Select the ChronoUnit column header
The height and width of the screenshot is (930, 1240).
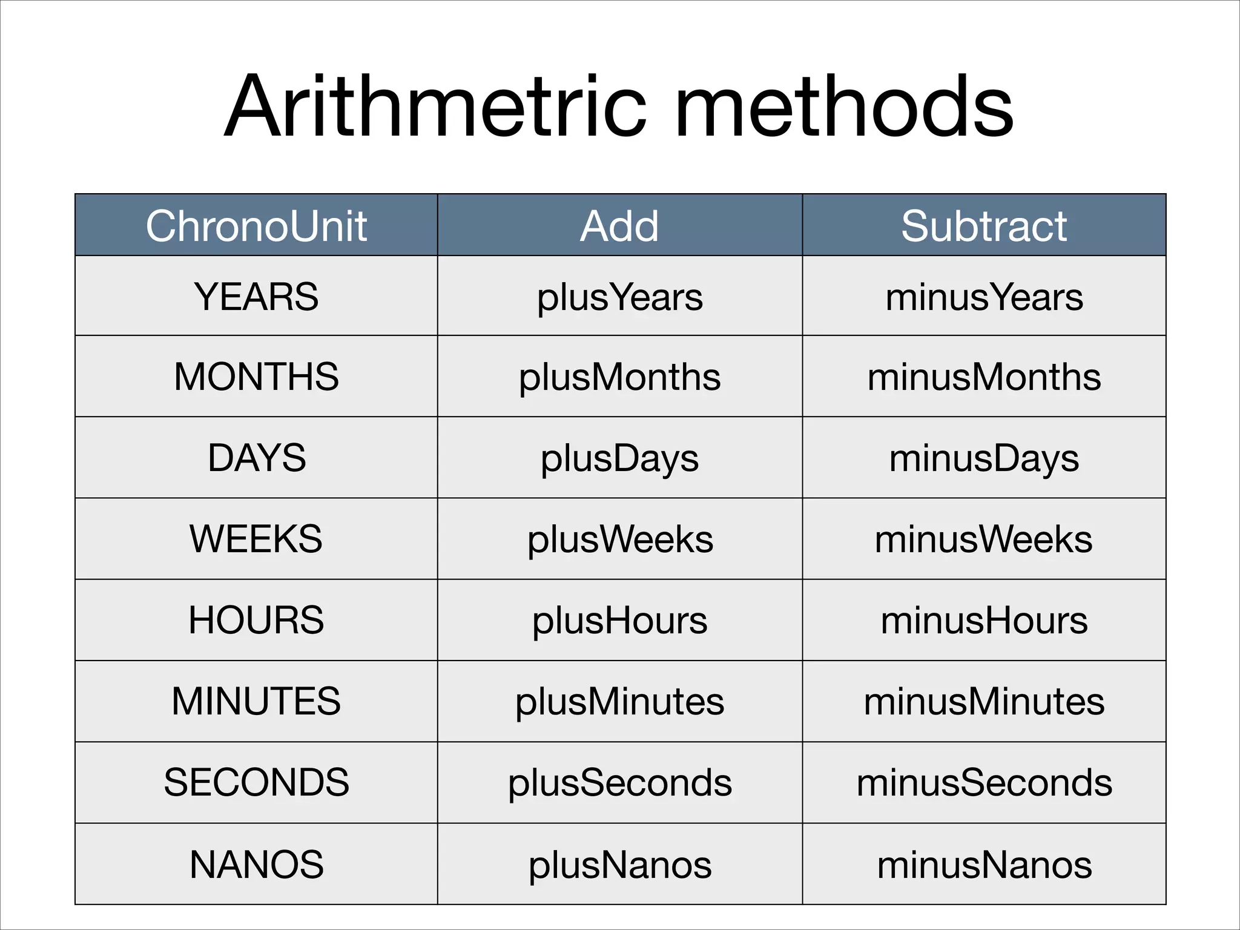click(256, 226)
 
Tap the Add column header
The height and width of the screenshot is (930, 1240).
click(619, 226)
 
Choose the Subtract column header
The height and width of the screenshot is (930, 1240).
click(984, 226)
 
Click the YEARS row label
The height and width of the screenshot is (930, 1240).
click(256, 297)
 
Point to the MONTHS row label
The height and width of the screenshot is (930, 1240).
click(256, 377)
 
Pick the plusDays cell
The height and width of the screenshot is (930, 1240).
click(619, 458)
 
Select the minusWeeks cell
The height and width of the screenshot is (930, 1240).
click(984, 539)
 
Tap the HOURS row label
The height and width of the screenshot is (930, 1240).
click(256, 620)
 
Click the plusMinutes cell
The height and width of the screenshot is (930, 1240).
click(619, 702)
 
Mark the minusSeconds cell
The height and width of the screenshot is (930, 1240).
click(984, 782)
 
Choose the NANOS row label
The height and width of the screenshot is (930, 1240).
click(256, 864)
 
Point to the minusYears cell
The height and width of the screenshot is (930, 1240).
click(984, 297)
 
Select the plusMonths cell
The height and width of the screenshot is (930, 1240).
click(619, 377)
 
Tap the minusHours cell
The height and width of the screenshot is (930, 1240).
click(984, 621)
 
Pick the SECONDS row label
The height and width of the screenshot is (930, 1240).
click(256, 782)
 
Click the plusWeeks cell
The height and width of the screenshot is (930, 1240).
click(619, 539)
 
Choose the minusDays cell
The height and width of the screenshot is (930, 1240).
click(984, 458)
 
